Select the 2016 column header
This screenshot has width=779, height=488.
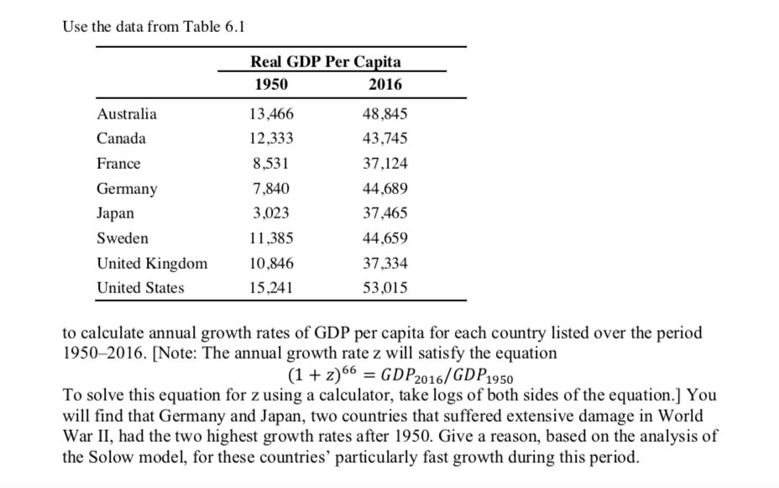385,84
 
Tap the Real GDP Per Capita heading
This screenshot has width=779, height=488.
326,61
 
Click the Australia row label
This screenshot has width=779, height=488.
127,113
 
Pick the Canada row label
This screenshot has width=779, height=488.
122,139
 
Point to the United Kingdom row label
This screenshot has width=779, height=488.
152,263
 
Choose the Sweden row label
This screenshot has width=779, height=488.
123,239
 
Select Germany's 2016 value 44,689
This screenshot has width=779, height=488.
387,189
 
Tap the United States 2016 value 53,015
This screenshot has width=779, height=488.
387,288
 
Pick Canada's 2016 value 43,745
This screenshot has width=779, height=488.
387,139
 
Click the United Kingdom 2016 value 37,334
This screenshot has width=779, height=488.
387,263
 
